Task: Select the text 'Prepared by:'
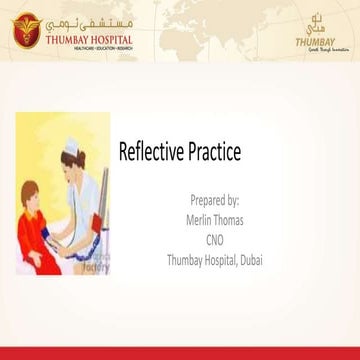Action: (213, 201)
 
